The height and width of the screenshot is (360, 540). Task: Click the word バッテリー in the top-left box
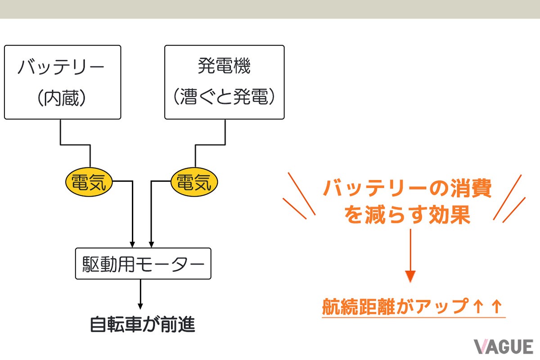[61, 68]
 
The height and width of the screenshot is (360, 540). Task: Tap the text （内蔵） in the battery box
[62, 98]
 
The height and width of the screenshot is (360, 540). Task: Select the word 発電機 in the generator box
[224, 67]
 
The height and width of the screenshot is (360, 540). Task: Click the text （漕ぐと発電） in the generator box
[224, 98]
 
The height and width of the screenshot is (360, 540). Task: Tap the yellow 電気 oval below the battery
[89, 182]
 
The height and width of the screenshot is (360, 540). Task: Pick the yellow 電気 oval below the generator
[194, 182]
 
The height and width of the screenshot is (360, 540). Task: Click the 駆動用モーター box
[143, 263]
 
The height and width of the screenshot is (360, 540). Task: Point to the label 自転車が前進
[143, 324]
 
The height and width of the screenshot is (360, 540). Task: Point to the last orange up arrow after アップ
[496, 306]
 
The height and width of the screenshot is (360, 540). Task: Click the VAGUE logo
[503, 346]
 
